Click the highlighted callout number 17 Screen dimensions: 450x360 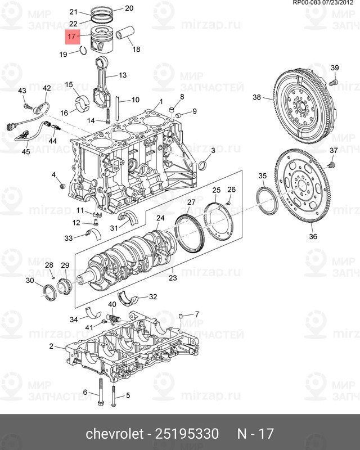coord(71,38)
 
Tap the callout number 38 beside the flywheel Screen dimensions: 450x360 coord(256,97)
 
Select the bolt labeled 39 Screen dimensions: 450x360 coord(332,82)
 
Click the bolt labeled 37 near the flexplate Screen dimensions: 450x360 coord(332,164)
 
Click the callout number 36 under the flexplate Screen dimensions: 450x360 coord(313,236)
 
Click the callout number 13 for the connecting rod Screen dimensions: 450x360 coord(122,75)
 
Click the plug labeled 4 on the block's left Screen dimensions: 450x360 coord(62,186)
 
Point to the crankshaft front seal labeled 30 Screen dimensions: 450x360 coord(50,291)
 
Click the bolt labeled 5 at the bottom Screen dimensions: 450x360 coord(114,402)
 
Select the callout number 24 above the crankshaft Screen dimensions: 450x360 coord(160,218)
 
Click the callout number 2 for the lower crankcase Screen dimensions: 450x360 coord(51,346)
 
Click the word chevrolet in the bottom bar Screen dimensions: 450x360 coord(112,434)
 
